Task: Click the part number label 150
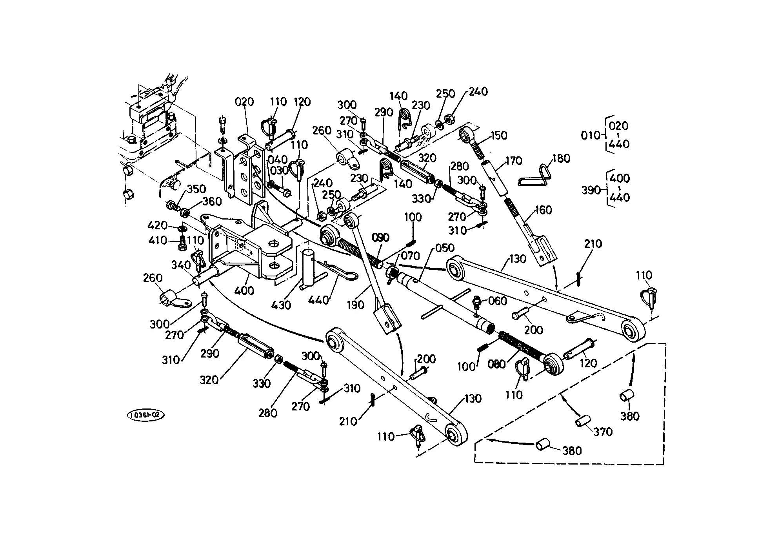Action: coord(499,136)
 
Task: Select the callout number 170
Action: coord(514,161)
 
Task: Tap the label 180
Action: coord(561,159)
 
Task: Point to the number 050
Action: coord(445,248)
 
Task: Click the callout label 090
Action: coord(380,238)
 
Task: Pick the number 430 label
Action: coord(281,305)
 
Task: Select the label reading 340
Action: coord(181,265)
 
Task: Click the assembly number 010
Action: coord(591,136)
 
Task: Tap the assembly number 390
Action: coord(591,190)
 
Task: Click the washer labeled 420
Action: coord(182,228)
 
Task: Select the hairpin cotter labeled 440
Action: coord(336,270)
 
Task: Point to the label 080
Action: coord(496,364)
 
